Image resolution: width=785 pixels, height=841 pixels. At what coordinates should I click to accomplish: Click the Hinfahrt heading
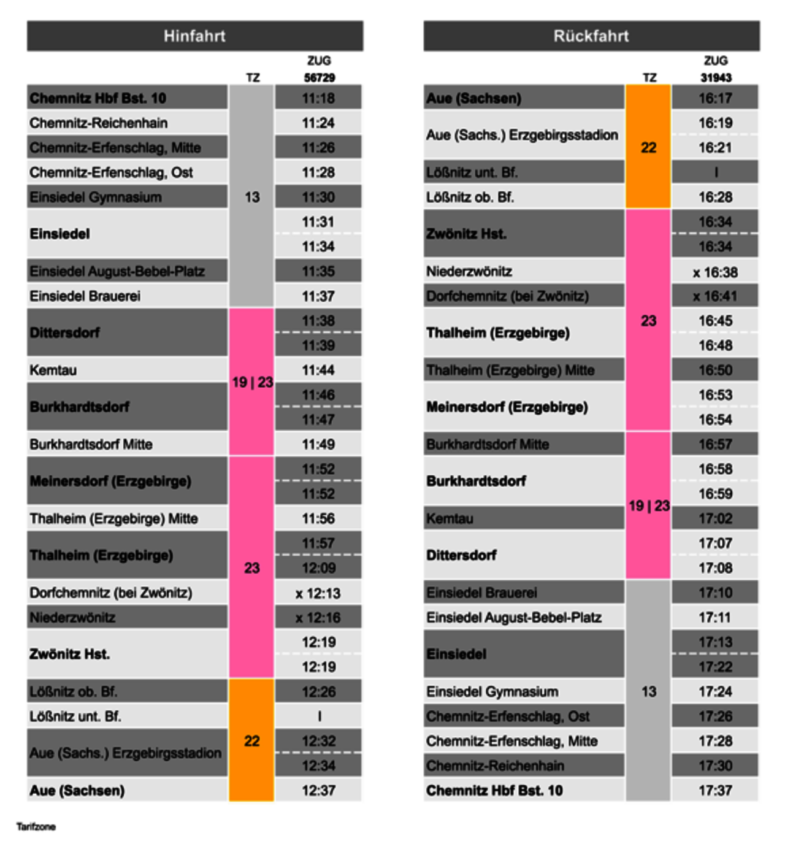[x=194, y=36]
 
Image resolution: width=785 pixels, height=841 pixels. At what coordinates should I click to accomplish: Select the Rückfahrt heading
[x=591, y=36]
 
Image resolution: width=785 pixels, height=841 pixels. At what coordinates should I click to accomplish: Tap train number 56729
[x=319, y=78]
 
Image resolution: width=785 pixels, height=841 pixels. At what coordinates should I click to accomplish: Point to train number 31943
[x=716, y=78]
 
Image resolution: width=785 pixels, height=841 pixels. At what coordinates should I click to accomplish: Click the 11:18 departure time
[x=318, y=98]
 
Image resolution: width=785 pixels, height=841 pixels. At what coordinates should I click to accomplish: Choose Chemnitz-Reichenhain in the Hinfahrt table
[x=99, y=123]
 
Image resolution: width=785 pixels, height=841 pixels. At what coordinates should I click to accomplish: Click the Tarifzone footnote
[x=36, y=826]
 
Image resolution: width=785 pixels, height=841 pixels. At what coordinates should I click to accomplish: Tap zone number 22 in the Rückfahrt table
[x=648, y=148]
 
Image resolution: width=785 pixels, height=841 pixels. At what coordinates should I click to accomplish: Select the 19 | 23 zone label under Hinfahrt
[x=252, y=382]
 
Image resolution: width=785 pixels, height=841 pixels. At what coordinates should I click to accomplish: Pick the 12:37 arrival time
[x=318, y=790]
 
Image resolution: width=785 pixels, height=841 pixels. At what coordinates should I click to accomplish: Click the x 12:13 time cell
[x=318, y=593]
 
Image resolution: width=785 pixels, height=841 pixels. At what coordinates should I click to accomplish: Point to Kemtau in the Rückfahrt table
[x=450, y=518]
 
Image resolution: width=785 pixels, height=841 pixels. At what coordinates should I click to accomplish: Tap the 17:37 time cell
[x=715, y=790]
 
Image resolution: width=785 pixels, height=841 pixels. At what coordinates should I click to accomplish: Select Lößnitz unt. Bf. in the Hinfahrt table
[x=75, y=716]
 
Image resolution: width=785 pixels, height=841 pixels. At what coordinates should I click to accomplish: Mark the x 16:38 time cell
[x=715, y=272]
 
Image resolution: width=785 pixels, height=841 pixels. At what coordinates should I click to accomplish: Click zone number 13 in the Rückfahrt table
[x=648, y=691]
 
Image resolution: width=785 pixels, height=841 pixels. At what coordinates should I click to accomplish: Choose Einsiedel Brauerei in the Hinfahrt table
[x=85, y=296]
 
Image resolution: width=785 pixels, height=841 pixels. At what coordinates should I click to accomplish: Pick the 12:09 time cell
[x=318, y=568]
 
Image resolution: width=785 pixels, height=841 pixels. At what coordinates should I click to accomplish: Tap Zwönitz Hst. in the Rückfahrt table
[x=467, y=234]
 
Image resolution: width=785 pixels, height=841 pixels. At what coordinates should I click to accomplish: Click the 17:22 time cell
[x=715, y=667]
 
